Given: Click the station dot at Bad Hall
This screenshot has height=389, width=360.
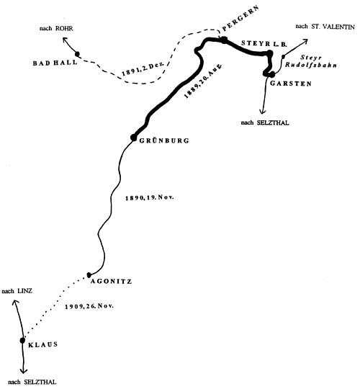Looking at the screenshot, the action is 77,54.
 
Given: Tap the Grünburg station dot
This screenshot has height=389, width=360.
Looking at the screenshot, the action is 133,137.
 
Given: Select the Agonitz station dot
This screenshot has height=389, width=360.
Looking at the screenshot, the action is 89,274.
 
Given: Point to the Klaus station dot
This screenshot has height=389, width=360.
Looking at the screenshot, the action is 22,340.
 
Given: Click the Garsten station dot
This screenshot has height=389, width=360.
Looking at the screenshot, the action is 272,74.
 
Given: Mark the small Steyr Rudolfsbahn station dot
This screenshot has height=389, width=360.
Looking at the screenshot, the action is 283,57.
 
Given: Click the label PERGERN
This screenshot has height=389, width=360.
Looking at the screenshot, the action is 240,18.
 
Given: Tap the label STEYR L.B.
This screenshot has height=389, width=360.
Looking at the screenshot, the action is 264,44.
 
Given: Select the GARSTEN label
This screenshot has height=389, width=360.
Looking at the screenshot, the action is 291,84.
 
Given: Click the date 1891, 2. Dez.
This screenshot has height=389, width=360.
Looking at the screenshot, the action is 143,68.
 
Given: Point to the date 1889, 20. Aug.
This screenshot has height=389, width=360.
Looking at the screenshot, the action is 203,81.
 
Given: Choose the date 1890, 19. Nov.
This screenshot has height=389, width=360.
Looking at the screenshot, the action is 150,197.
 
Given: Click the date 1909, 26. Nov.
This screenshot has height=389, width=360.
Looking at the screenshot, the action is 89,306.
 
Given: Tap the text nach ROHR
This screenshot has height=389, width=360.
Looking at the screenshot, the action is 56,28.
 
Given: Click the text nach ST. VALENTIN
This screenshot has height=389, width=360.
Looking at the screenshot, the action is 325,27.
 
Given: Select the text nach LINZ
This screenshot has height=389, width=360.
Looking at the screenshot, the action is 17,291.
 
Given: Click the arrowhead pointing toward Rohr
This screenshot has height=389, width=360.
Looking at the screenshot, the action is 65,40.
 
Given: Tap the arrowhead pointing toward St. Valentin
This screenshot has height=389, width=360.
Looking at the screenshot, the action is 305,41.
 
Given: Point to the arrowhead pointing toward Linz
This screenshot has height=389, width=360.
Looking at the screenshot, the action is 15,302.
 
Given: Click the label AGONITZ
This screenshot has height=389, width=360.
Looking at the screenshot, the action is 111,282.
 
